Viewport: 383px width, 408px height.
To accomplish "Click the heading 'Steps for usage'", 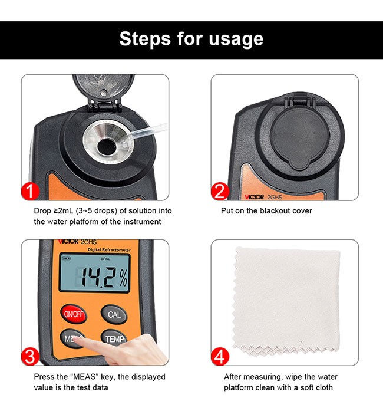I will (191, 39).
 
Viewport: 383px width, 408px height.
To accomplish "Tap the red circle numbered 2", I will (219, 192).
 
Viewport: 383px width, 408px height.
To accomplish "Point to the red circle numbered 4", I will (219, 357).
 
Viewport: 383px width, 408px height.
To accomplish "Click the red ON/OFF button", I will (74, 314).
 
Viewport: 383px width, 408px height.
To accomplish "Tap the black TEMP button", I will (114, 339).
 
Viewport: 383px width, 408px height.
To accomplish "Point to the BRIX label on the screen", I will (105, 259).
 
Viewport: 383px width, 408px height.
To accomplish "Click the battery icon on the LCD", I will (65, 259).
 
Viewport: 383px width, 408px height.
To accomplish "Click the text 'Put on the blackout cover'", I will (266, 210).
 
